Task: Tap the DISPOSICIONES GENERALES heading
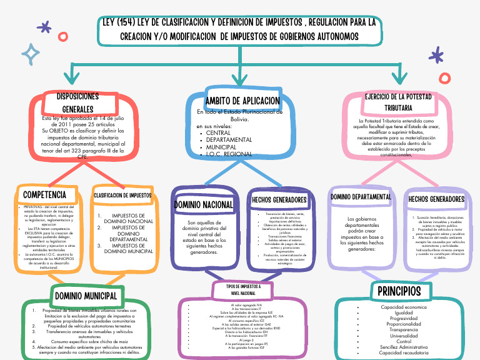(77, 103)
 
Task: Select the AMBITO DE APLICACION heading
(242, 101)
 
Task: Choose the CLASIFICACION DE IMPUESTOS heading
(122, 196)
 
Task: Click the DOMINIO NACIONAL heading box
(204, 204)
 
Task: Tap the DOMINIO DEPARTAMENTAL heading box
(361, 197)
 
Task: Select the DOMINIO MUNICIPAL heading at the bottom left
(85, 296)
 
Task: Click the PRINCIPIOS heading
(399, 292)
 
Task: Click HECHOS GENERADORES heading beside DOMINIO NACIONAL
(279, 200)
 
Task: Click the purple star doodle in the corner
(45, 27)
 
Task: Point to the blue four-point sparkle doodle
(29, 54)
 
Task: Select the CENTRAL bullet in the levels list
(218, 133)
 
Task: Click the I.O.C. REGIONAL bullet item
(229, 154)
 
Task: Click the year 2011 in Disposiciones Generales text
(54, 124)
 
